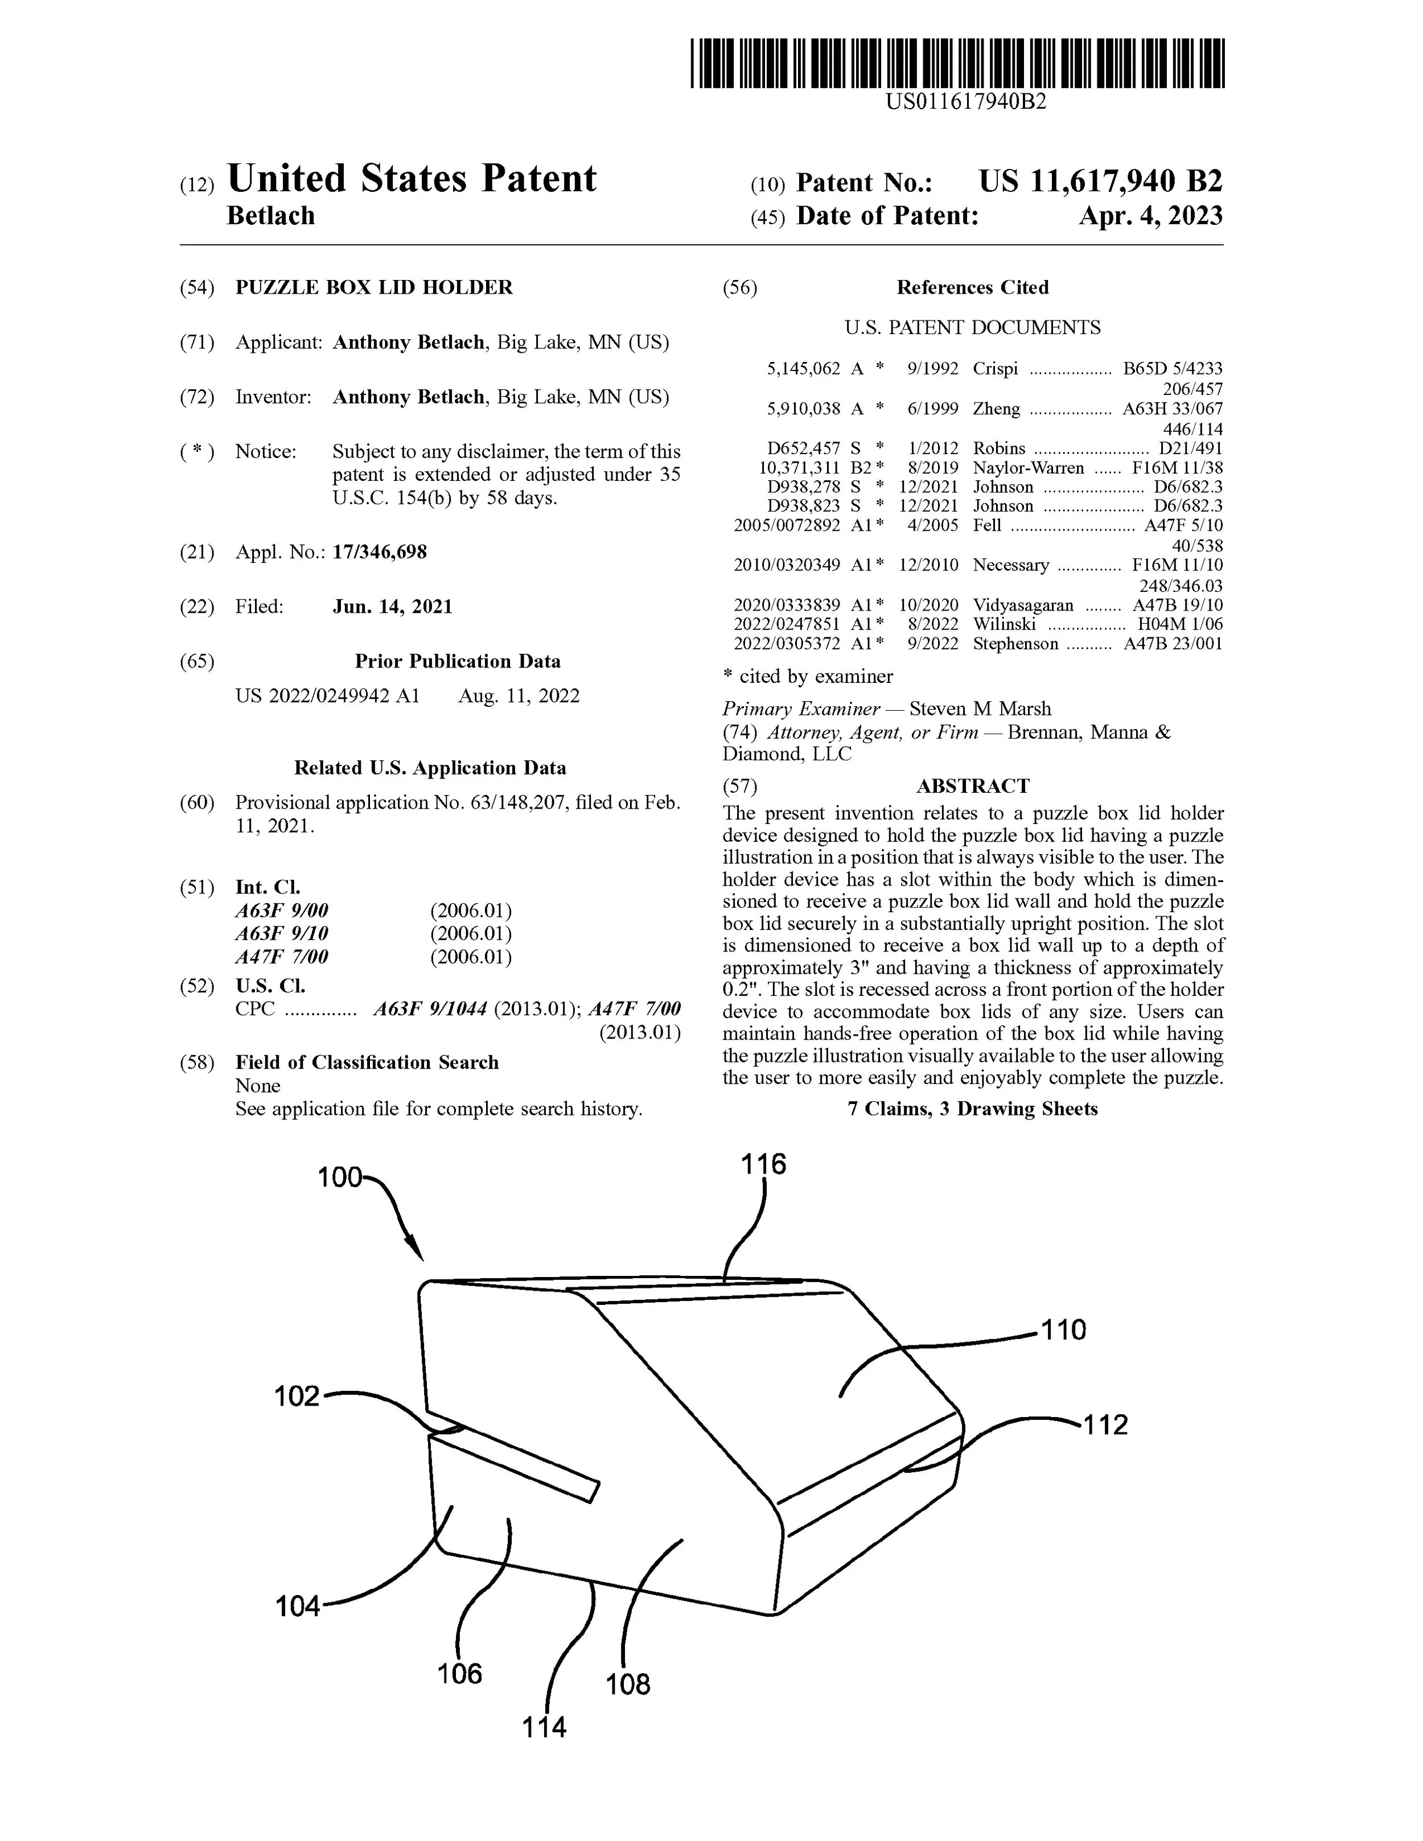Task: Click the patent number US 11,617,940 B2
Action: click(x=1100, y=181)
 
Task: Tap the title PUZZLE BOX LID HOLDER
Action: click(x=373, y=287)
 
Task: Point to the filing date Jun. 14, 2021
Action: click(x=392, y=607)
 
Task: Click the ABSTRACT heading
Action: click(x=972, y=786)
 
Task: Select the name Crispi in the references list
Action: click(x=995, y=368)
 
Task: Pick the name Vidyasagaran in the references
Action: click(x=1023, y=606)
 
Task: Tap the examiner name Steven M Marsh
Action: click(x=980, y=709)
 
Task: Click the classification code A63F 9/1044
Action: click(x=430, y=1009)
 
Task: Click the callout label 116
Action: click(x=763, y=1164)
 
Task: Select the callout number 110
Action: click(x=1064, y=1330)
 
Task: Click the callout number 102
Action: click(x=297, y=1397)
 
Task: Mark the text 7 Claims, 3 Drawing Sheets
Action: click(x=972, y=1109)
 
